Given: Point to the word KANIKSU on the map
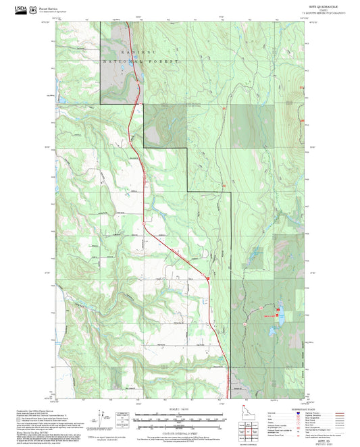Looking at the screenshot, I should tap(132, 52).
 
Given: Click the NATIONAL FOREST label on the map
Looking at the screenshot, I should tap(142, 61).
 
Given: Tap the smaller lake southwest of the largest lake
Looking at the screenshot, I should tap(272, 332).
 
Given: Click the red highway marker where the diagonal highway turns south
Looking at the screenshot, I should tap(207, 278).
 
